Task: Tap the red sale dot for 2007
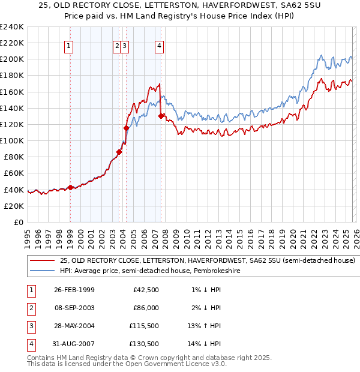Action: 161,116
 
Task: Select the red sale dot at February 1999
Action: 70,187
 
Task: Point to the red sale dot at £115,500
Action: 126,128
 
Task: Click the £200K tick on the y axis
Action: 12,59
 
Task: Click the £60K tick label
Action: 14,173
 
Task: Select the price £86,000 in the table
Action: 145,308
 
